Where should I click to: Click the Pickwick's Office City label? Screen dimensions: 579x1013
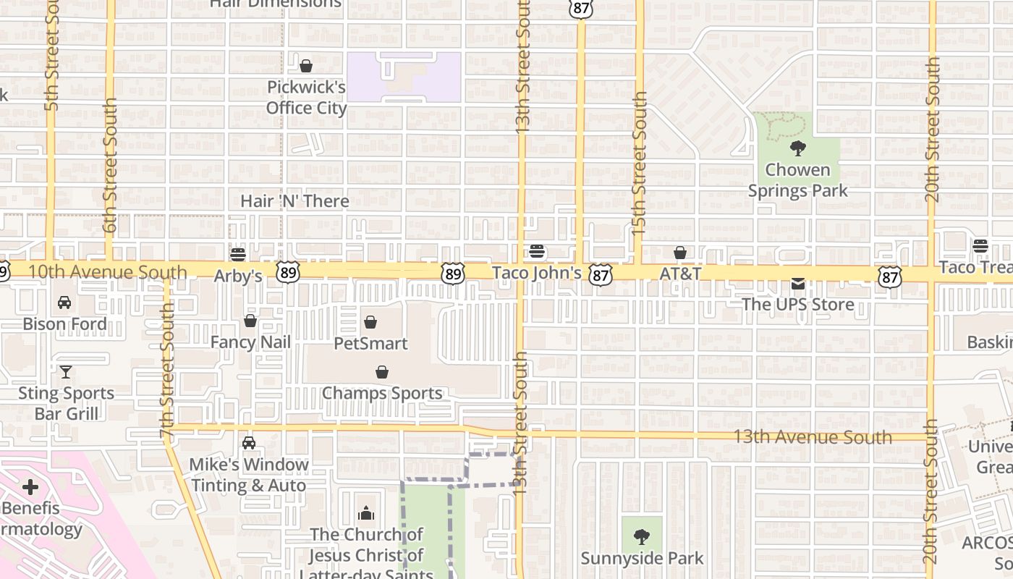coord(306,98)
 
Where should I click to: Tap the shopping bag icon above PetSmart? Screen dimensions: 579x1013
coord(370,321)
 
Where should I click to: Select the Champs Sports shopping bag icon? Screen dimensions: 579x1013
coord(382,372)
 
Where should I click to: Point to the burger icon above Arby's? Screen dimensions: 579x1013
coord(237,255)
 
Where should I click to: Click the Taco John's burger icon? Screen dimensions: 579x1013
coord(537,251)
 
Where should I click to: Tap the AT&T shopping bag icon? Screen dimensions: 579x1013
coord(680,253)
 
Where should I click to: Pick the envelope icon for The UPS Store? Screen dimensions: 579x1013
coord(797,283)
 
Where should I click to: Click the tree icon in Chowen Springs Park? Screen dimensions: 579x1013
coord(798,149)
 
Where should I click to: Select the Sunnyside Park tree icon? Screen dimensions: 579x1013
coord(641,537)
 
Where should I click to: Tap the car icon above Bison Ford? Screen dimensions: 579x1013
coord(64,303)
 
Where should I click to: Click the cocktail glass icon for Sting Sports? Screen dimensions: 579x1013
coord(66,372)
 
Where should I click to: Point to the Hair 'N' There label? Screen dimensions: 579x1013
coord(294,201)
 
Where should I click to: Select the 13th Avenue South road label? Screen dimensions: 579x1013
coord(813,437)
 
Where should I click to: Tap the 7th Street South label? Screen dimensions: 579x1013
coord(167,370)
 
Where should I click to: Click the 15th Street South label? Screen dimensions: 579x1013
coord(639,163)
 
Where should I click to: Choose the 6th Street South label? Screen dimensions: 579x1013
coord(109,166)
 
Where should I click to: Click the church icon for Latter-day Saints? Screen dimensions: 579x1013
coord(366,514)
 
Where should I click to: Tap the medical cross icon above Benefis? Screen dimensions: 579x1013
coord(30,486)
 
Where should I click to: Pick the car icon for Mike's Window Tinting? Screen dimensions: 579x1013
coord(249,442)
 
